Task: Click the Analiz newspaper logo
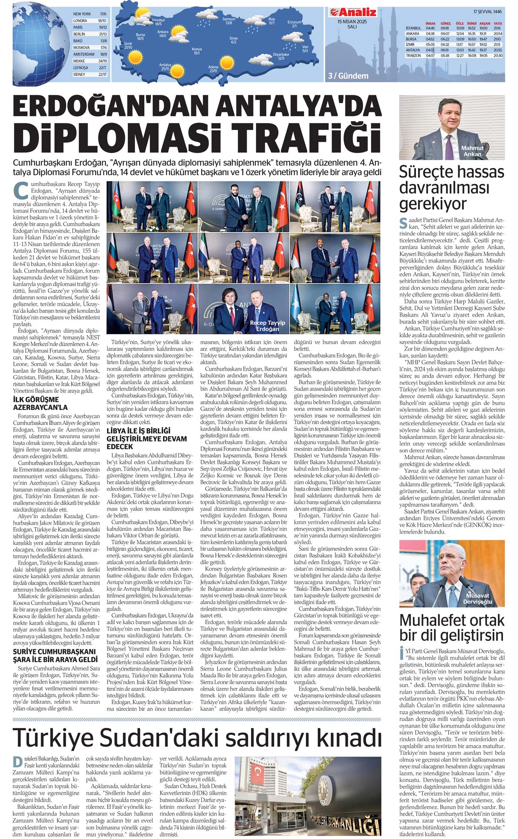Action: (352, 12)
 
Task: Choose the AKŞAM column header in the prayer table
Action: (485, 23)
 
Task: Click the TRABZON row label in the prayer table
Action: (413, 56)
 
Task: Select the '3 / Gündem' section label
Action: (348, 76)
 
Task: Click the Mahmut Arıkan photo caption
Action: (472, 151)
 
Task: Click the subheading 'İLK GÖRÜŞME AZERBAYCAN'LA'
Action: (40, 403)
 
